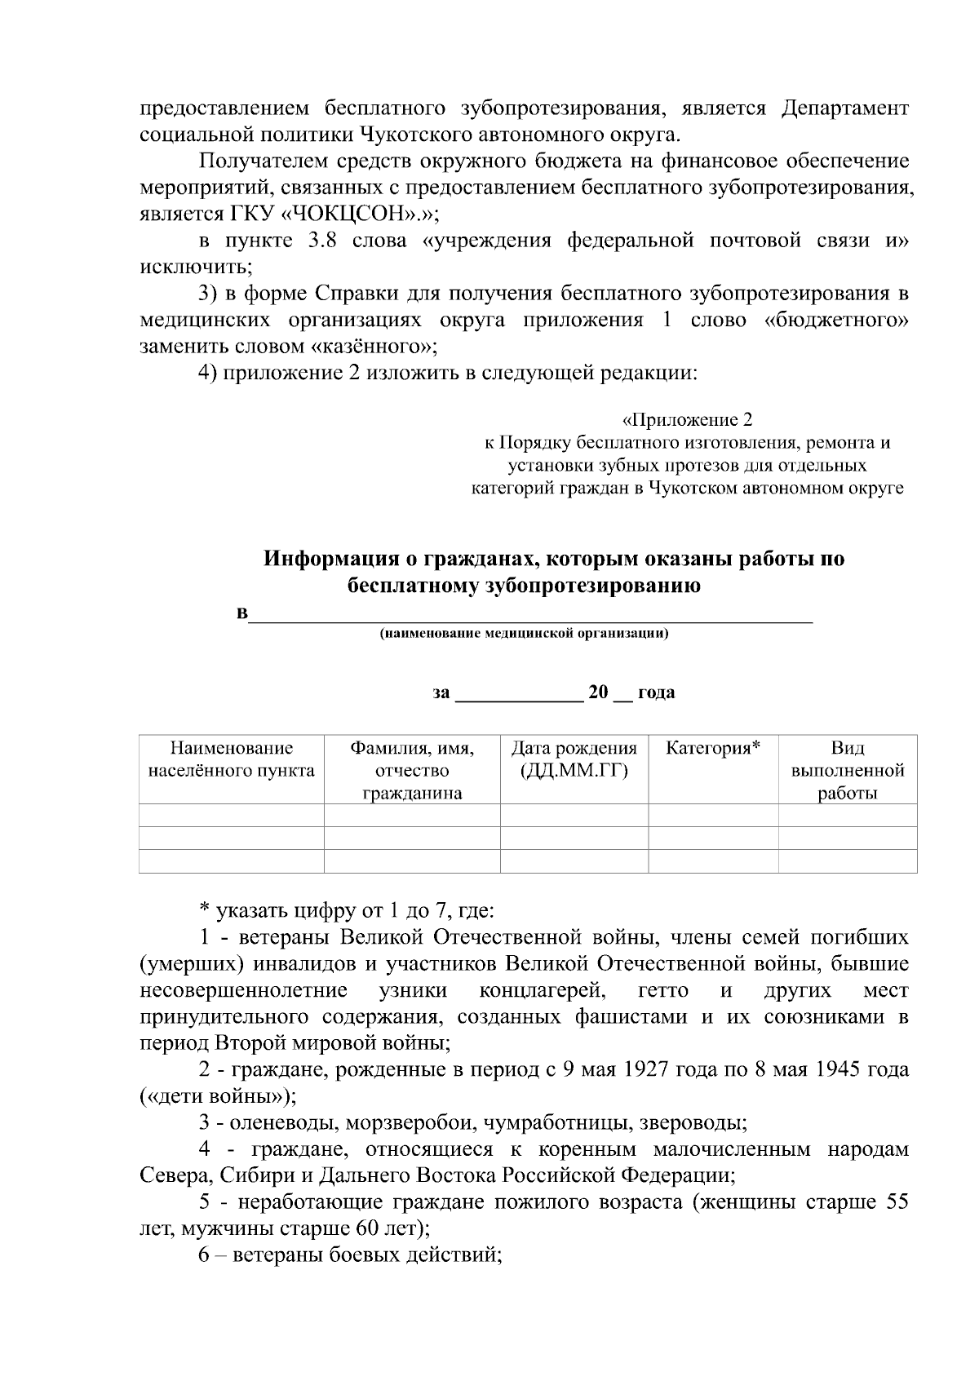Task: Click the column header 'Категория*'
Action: tap(712, 748)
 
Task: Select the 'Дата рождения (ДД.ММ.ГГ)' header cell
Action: tap(574, 759)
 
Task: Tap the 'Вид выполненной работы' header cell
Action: tap(847, 770)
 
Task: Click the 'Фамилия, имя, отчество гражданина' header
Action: tap(412, 770)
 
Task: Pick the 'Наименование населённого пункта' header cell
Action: tap(231, 759)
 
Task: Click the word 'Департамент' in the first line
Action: tap(844, 108)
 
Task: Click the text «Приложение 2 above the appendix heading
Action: tap(687, 420)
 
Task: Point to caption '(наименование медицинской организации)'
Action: tap(524, 634)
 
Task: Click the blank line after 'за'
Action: tap(518, 693)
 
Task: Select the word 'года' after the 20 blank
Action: tap(656, 693)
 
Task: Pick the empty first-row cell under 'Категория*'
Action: tap(712, 815)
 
